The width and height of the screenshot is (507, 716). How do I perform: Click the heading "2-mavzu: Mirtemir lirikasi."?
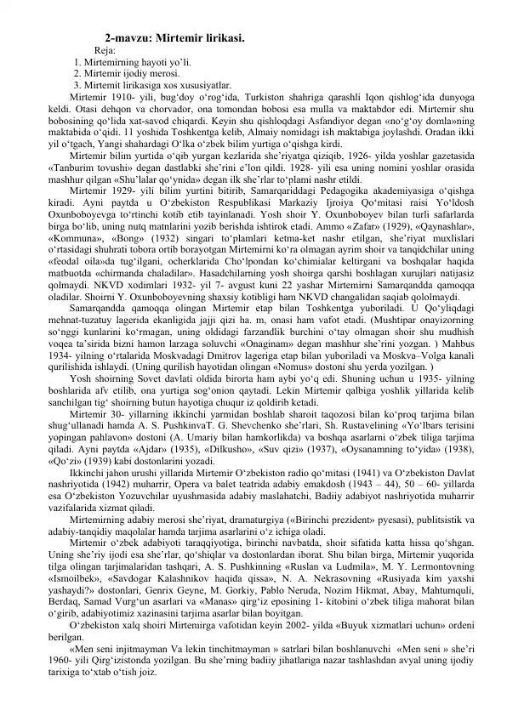coord(175,37)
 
